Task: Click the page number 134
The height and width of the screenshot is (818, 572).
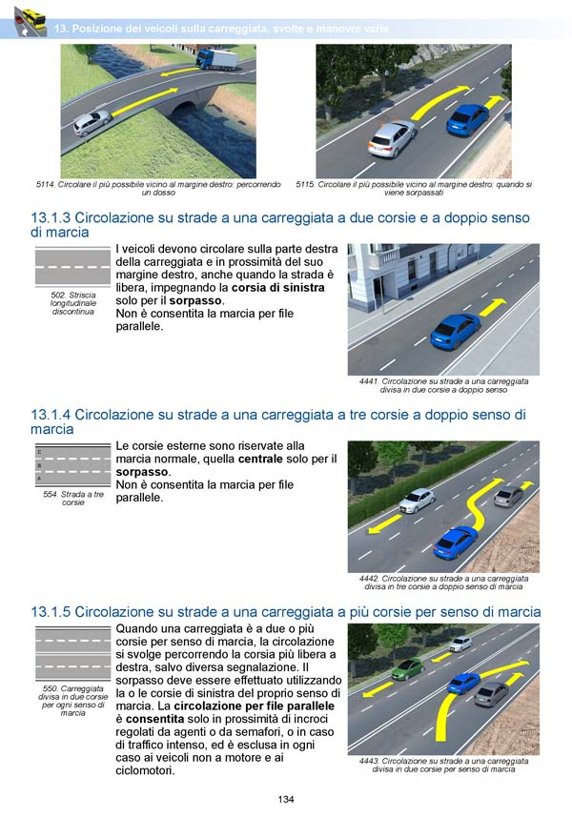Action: pyautogui.click(x=286, y=799)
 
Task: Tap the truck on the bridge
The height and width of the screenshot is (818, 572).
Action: pyautogui.click(x=217, y=60)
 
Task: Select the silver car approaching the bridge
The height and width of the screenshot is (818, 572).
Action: pyautogui.click(x=92, y=122)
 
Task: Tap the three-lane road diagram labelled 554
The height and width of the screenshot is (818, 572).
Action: pyautogui.click(x=72, y=466)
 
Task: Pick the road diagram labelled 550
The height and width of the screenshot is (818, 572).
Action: pyautogui.click(x=72, y=652)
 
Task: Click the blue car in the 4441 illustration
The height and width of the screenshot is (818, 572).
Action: pyautogui.click(x=455, y=331)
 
